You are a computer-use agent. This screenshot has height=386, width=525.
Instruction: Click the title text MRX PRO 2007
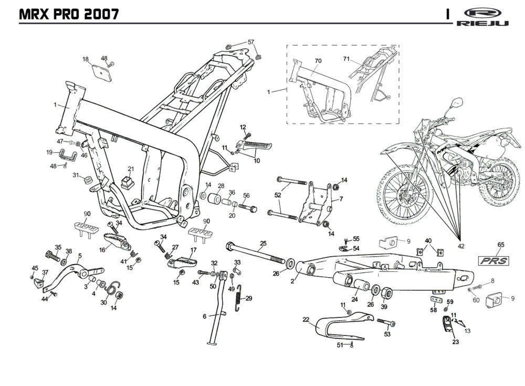pyautogui.click(x=68, y=14)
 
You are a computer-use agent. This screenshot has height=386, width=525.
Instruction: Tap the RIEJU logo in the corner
pyautogui.click(x=482, y=17)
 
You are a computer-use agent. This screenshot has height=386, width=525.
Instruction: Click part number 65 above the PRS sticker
pyautogui.click(x=501, y=245)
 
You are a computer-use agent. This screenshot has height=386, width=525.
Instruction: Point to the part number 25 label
pyautogui.click(x=263, y=243)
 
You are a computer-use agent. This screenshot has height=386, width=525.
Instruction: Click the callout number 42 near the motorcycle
pyautogui.click(x=461, y=246)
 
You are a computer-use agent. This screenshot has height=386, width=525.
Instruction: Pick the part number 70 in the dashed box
pyautogui.click(x=318, y=61)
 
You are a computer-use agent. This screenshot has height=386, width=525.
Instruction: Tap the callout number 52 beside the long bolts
pyautogui.click(x=278, y=195)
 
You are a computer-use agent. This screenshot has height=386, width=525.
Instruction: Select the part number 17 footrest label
pyautogui.click(x=193, y=250)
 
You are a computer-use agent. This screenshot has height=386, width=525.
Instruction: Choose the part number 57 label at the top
pyautogui.click(x=251, y=42)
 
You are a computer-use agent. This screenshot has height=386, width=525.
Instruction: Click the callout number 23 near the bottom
pyautogui.click(x=455, y=341)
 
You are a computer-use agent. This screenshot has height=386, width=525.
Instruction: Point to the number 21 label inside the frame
pyautogui.click(x=131, y=169)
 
